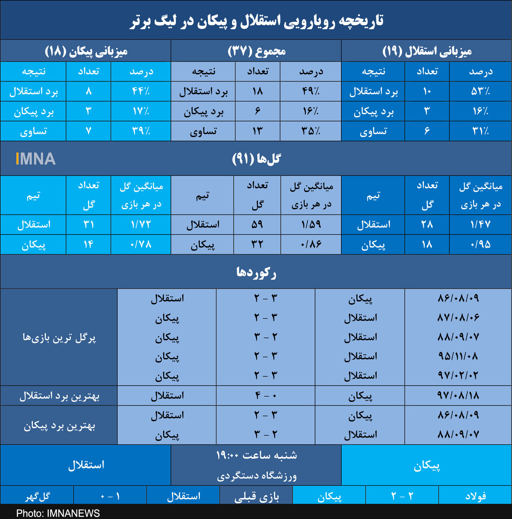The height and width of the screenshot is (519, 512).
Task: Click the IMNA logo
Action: tap(36, 159)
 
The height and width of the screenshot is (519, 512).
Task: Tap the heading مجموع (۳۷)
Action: tap(256, 51)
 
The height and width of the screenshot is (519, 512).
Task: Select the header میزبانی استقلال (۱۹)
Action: tap(427, 51)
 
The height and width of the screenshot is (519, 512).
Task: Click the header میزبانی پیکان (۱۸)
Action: tap(86, 51)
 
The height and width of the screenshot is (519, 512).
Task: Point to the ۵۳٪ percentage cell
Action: tap(480, 91)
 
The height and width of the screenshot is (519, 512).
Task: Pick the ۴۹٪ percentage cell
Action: tap(311, 91)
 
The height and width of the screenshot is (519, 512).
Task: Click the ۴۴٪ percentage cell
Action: tap(141, 91)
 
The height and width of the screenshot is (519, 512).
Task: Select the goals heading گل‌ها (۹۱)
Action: tap(256, 159)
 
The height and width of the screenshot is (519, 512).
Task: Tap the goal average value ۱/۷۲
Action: tap(141, 224)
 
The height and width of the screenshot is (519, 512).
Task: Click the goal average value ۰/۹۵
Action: tap(480, 244)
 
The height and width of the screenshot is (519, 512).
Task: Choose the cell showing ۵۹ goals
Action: tap(257, 224)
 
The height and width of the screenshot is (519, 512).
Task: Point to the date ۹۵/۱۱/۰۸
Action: tap(458, 356)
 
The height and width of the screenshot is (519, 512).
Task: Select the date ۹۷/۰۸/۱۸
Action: tap(458, 395)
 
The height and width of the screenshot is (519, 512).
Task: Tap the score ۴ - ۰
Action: tap(266, 395)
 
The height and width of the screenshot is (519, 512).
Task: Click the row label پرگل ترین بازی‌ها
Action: tap(59, 337)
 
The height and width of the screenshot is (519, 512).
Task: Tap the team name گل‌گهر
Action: tap(38, 496)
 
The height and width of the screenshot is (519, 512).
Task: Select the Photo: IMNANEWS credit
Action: tap(58, 513)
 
